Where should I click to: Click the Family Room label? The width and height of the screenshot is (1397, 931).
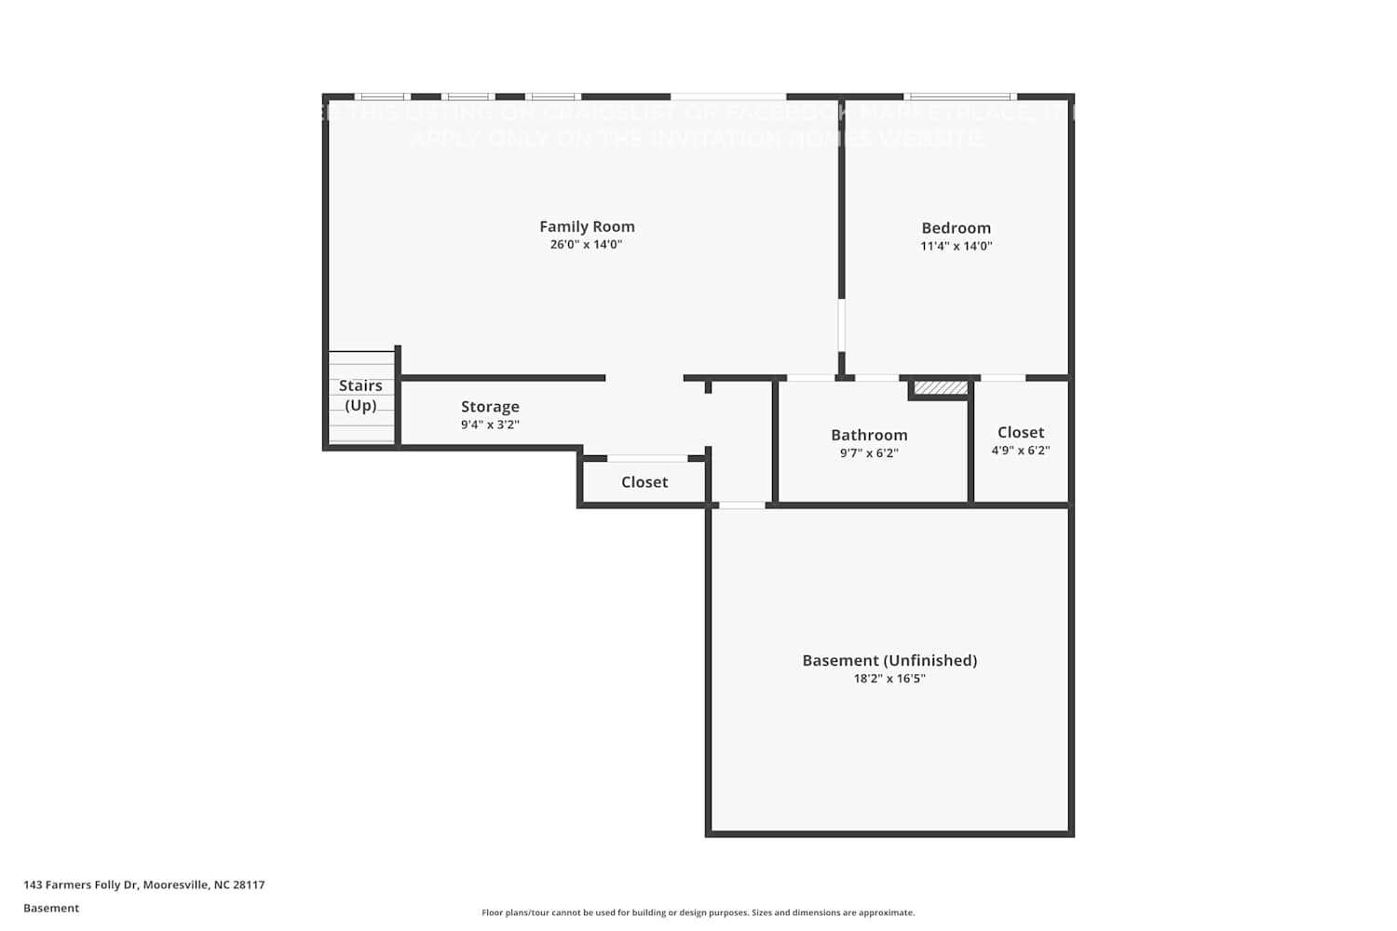tap(587, 226)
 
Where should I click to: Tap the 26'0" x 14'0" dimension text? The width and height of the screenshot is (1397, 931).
tap(586, 245)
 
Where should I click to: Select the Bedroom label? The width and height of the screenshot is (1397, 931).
tap(956, 228)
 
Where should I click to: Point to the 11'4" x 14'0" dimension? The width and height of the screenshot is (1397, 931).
tap(956, 247)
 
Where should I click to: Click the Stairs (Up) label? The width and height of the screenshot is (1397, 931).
tap(360, 396)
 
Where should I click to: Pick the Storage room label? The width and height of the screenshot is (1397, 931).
tap(490, 407)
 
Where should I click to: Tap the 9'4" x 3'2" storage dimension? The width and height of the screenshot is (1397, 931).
tap(490, 425)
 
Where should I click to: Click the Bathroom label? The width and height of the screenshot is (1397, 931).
tap(869, 435)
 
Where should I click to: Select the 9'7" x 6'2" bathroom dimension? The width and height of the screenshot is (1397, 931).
tap(869, 453)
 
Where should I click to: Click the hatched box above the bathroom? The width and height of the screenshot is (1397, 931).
tap(941, 387)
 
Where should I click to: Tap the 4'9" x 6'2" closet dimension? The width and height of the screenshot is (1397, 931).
tap(1020, 451)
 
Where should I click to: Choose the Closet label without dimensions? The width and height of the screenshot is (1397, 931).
tap(644, 482)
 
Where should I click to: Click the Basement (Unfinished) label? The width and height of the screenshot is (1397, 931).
tap(889, 660)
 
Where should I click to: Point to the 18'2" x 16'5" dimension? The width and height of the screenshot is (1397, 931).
tap(889, 679)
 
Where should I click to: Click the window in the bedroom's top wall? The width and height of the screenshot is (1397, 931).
tap(959, 96)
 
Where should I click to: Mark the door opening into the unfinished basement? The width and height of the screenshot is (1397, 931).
tap(742, 505)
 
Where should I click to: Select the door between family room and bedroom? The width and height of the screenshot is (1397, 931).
tap(842, 324)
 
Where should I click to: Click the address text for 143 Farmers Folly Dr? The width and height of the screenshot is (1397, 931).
tap(144, 884)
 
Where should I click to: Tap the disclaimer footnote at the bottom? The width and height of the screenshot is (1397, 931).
tap(698, 912)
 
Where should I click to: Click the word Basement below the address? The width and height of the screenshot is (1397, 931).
tap(51, 908)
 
